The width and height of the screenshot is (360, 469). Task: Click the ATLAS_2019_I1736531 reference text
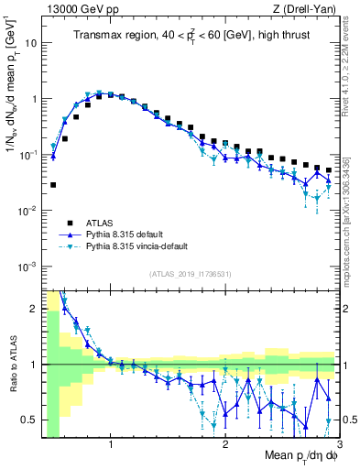191,274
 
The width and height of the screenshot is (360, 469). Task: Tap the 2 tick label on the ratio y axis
34,309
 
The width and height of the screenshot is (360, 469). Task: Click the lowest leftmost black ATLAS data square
53,184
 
